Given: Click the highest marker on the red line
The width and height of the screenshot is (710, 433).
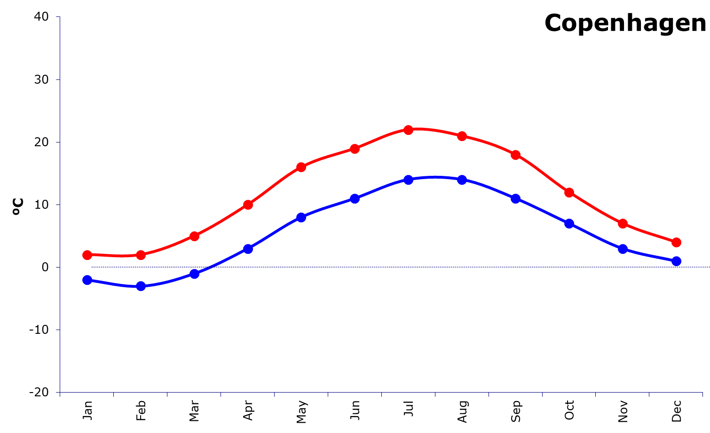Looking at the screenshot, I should (x=408, y=130).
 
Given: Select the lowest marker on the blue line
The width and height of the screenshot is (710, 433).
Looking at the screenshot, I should (x=141, y=286).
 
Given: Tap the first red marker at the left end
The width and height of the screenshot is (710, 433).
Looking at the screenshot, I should (x=87, y=255).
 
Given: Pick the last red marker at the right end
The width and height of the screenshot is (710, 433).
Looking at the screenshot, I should (x=676, y=242).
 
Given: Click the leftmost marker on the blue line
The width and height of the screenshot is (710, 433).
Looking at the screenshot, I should (x=87, y=280).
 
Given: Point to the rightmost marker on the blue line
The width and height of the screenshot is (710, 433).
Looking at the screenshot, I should (x=676, y=261).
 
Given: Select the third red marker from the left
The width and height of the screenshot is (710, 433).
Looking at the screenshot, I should (x=194, y=236).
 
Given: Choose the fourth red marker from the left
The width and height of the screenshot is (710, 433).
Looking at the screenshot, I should (x=248, y=205).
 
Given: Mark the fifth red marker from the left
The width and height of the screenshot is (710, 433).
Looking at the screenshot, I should (x=301, y=167).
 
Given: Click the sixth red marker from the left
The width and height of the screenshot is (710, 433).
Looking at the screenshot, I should (x=355, y=149).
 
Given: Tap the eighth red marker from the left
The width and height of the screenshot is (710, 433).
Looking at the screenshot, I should (x=462, y=136).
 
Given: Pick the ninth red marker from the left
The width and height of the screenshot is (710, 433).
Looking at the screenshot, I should (x=515, y=155).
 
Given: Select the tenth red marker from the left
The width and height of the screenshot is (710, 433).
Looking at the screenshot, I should (x=569, y=192).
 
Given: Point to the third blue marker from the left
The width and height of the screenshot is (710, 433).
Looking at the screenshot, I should (x=194, y=274).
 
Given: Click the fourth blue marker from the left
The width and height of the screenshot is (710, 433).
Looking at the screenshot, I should (x=248, y=249).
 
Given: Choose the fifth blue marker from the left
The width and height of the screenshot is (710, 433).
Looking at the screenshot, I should (x=301, y=217).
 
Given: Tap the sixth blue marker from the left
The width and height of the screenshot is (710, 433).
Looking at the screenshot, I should (x=355, y=198).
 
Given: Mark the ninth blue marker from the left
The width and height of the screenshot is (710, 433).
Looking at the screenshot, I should (x=515, y=198).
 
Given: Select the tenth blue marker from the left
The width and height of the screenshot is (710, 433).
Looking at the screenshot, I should (x=569, y=223).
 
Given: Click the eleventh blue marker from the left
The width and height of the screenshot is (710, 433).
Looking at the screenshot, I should (x=623, y=249).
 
